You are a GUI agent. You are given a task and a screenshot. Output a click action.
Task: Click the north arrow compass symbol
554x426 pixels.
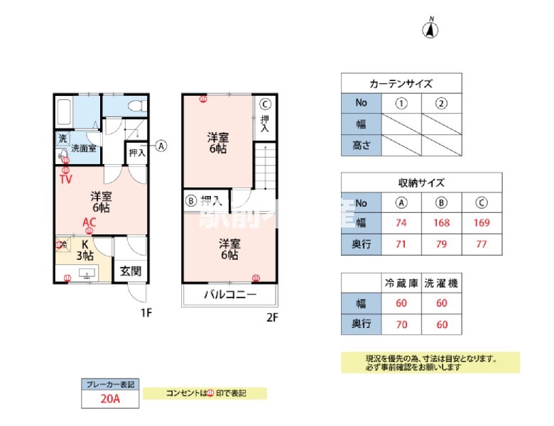(431, 29)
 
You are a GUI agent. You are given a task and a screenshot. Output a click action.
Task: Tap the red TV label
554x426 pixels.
(65, 180)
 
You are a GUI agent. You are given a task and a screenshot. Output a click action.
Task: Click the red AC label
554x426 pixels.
(89, 222)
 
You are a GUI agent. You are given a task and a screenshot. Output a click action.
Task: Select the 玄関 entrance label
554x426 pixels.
(130, 271)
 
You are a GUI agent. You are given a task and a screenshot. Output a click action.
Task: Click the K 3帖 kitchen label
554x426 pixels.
(85, 251)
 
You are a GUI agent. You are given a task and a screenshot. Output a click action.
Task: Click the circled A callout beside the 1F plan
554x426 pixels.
(161, 146)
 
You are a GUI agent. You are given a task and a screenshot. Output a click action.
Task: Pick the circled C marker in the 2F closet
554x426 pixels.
(264, 102)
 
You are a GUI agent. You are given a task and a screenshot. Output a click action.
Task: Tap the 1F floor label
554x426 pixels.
(146, 312)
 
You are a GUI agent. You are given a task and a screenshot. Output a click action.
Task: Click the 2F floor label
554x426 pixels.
(271, 317)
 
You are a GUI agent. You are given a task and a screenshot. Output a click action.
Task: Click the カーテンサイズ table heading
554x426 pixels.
(401, 83)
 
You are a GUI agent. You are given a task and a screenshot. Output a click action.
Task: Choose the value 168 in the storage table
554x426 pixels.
(441, 222)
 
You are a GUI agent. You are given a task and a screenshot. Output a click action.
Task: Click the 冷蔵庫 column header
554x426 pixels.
(401, 283)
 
